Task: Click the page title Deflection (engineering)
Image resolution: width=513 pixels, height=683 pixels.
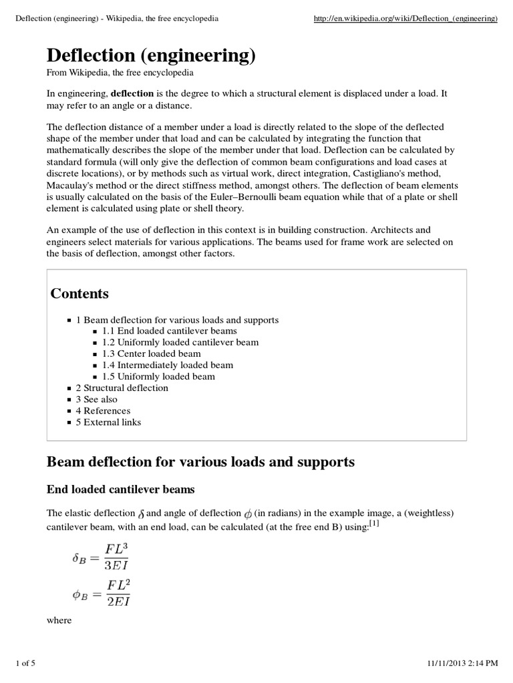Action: (x=151, y=56)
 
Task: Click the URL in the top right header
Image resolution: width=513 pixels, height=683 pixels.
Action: (x=405, y=19)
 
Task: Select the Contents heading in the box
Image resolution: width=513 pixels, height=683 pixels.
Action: (x=79, y=293)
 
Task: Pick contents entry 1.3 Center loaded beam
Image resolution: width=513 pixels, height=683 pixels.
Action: (x=151, y=354)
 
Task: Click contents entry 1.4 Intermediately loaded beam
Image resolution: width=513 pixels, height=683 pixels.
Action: (x=168, y=365)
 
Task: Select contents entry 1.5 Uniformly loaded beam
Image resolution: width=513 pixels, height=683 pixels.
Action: (x=158, y=376)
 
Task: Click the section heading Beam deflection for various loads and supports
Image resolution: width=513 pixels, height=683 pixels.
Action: (x=200, y=462)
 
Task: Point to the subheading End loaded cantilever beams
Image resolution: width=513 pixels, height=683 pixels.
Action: (x=120, y=490)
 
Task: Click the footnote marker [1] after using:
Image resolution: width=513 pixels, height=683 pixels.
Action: (x=373, y=523)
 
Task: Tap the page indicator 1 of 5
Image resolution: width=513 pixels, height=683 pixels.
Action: (x=26, y=662)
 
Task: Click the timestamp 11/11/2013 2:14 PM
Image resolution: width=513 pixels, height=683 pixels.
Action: (x=462, y=662)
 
